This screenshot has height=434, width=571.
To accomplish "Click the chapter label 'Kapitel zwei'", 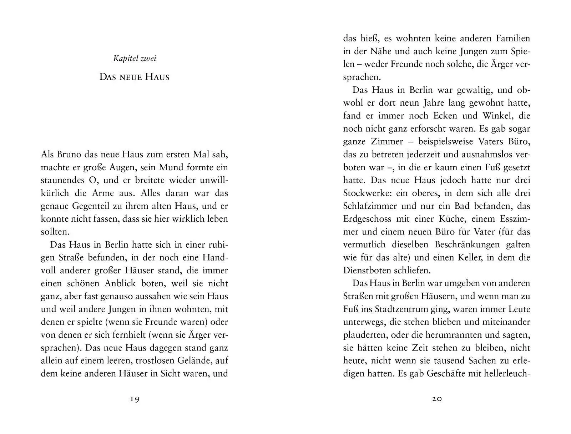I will pyautogui.click(x=135, y=59).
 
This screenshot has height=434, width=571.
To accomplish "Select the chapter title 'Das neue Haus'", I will pyautogui.click(x=134, y=77).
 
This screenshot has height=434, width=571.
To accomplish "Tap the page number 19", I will pyautogui.click(x=134, y=399).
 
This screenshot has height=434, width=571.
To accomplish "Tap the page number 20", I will pyautogui.click(x=437, y=399).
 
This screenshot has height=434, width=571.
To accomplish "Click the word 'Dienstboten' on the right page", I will pyautogui.click(x=368, y=270).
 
